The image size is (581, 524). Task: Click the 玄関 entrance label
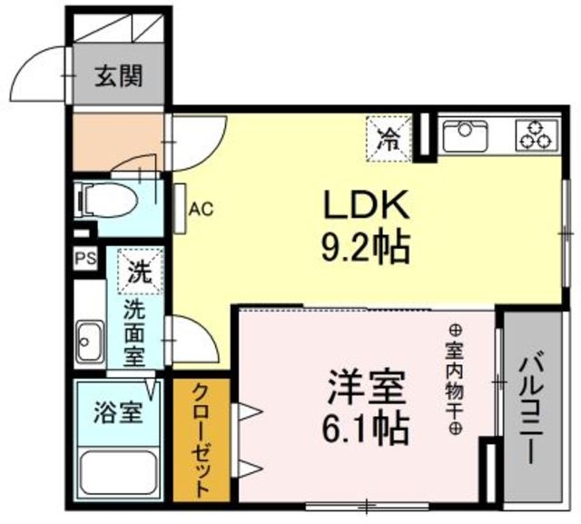[119, 77]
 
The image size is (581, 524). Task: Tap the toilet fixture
[106, 201]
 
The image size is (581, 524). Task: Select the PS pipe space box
[85, 258]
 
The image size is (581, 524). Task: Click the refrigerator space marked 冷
[389, 139]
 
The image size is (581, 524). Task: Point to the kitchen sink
[465, 135]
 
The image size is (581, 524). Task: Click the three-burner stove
[537, 135]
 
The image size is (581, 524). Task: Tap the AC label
[202, 210]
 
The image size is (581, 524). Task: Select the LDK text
[366, 205]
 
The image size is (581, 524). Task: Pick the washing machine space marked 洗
[140, 272]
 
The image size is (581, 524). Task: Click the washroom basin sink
[90, 341]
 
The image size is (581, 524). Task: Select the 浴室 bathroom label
[118, 413]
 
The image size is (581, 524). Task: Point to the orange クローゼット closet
[202, 440]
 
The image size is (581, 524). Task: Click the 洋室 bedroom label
[365, 388]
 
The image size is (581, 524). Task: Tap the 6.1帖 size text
[365, 430]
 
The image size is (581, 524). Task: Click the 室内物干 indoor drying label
[455, 379]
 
